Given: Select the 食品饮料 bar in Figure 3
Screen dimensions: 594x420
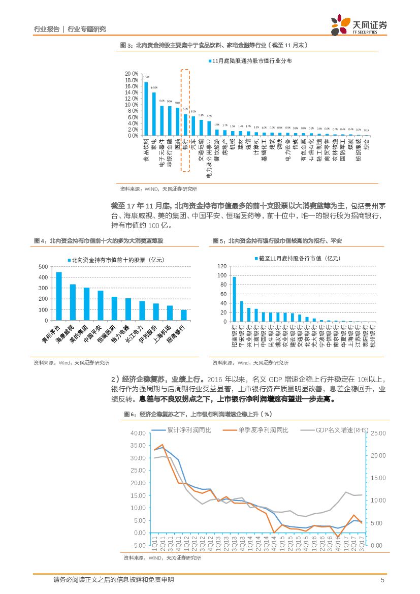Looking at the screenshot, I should coord(146,109).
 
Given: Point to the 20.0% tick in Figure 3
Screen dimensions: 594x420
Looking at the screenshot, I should coord(131,74).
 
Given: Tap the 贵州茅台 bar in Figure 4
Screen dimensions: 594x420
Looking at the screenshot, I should coord(59,296).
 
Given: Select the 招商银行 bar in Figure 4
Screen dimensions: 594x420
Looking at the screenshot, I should coord(183,315).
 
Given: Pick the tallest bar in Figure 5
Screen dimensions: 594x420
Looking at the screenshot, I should coord(234,299).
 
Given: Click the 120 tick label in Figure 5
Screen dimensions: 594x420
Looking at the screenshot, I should coord(221,267).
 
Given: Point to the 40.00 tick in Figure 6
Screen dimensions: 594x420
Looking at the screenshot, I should coord(138,433).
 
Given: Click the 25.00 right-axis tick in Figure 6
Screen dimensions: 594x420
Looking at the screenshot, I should coord(378,433).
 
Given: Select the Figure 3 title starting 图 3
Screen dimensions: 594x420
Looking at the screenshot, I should coord(214,45).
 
